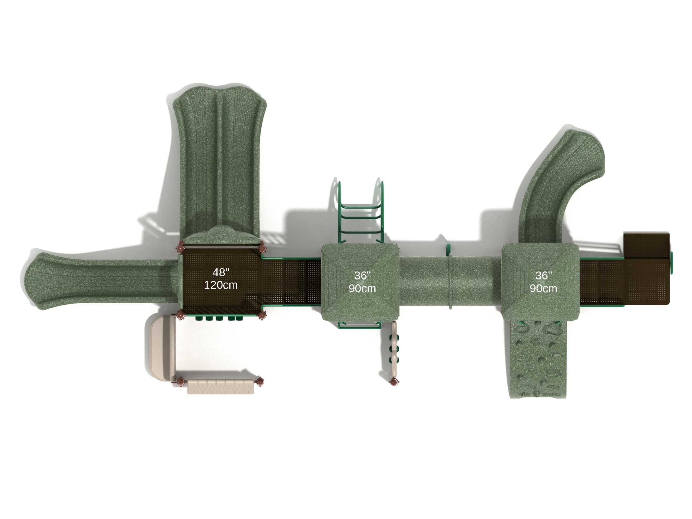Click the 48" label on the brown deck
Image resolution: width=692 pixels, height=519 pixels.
click(x=221, y=272)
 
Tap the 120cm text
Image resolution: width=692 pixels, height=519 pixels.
click(x=221, y=285)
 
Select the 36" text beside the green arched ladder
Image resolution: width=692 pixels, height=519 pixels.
click(x=362, y=275)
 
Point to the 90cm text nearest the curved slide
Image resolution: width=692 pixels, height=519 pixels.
click(x=543, y=288)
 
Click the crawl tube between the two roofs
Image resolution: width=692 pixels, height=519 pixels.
click(x=450, y=287)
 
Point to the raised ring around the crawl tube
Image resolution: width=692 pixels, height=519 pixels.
click(x=451, y=287)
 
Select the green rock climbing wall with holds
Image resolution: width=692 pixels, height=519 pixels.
click(x=538, y=360)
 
